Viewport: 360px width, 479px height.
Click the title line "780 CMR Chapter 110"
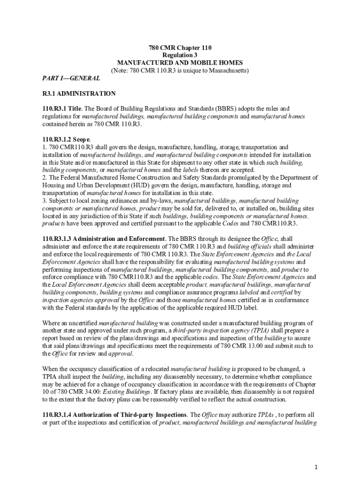point(180,48)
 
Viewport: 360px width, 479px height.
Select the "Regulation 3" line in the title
point(180,55)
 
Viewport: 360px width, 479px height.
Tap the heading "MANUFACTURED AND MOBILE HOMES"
point(180,63)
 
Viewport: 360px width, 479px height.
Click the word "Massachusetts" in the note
point(226,71)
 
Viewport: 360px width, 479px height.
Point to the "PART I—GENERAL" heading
point(64,79)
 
